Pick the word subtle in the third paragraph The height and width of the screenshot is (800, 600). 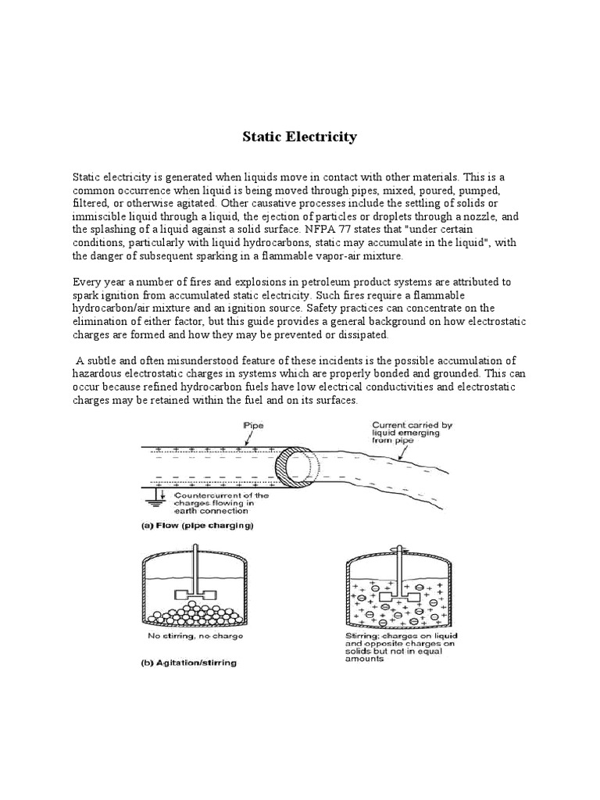(x=105, y=360)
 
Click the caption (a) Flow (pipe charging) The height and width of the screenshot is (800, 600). (x=197, y=527)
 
